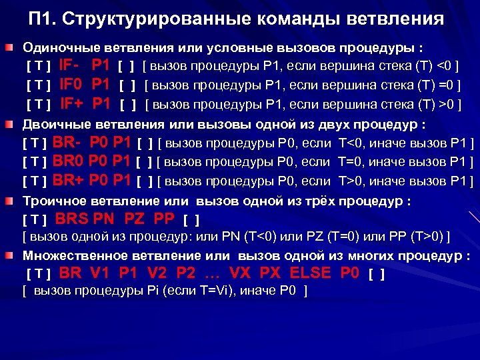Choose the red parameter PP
(x=163, y=218)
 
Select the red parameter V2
(x=158, y=273)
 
